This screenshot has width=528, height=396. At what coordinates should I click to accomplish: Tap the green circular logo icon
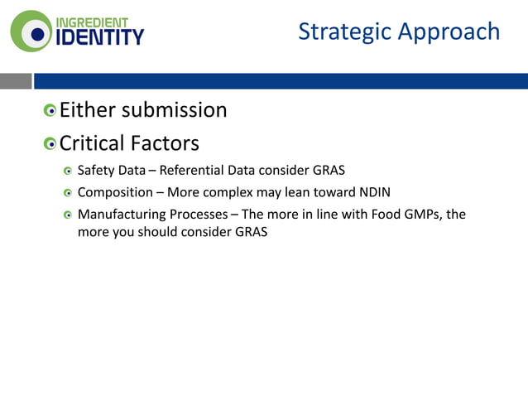point(31,31)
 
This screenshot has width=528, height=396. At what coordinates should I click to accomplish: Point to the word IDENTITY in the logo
point(98,37)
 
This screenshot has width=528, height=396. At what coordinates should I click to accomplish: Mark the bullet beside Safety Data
point(69,171)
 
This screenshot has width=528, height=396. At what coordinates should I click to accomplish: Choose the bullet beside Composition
point(69,193)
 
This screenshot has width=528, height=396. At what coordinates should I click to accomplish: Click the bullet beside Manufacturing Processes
point(69,215)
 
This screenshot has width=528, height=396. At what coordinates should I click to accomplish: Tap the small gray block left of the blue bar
point(16,80)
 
